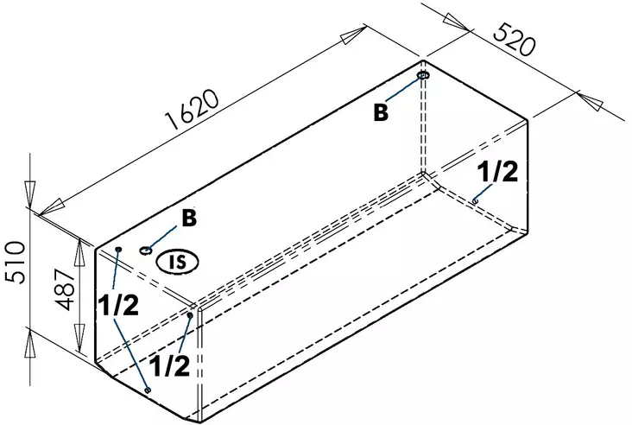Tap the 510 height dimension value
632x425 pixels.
click(16, 262)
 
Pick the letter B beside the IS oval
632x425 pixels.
click(188, 218)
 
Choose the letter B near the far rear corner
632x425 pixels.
click(381, 112)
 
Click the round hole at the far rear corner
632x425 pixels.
click(424, 76)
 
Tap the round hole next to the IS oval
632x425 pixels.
click(146, 251)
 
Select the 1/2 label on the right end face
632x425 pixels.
click(498, 173)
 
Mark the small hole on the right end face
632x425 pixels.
click(476, 201)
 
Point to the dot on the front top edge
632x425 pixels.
click(190, 315)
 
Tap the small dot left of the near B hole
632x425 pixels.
click(118, 249)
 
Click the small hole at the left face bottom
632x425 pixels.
click(148, 390)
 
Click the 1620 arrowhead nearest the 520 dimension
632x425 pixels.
click(354, 35)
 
